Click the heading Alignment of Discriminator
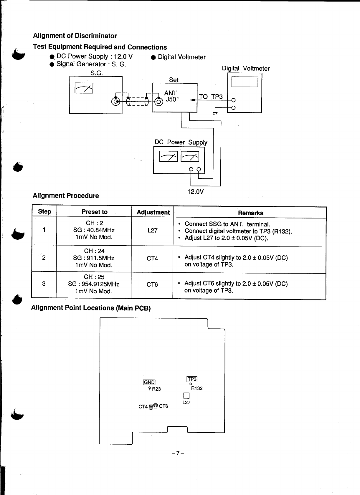coord(75,36)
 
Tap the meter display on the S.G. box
coord(84,88)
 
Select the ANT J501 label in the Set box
coord(171,96)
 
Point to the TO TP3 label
coord(211,97)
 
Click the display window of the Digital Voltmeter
coord(245,82)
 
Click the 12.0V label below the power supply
coord(196,192)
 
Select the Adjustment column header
coord(153,212)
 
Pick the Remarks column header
coord(250,213)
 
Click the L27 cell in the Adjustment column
coord(152,231)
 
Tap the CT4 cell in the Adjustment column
coord(152,259)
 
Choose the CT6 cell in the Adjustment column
coord(152,284)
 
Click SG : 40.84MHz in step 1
coord(94,230)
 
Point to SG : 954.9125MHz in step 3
coord(93,284)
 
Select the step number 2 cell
coord(44,258)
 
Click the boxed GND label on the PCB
coord(149,383)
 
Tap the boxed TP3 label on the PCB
coord(192,379)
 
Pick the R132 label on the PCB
coord(197,388)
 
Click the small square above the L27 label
coord(186,395)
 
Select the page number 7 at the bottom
coord(178,453)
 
